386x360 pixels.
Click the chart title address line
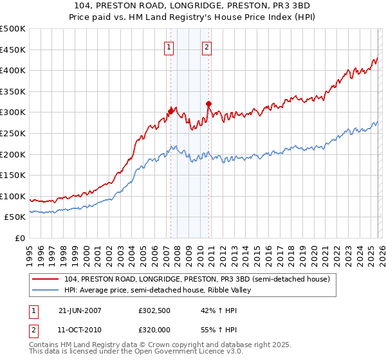coord(193,6)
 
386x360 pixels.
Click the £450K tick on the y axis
coord(13,50)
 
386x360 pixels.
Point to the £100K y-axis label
coord(13,196)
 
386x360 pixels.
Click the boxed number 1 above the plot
coord(169,46)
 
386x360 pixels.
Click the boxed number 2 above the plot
coord(207,46)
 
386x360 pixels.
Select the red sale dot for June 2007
coord(170,111)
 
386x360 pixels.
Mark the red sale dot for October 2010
coord(208,104)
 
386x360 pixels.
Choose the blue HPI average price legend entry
coord(161,291)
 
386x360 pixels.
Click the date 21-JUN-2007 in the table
coord(80,310)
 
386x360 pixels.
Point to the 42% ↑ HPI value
coord(210,310)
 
